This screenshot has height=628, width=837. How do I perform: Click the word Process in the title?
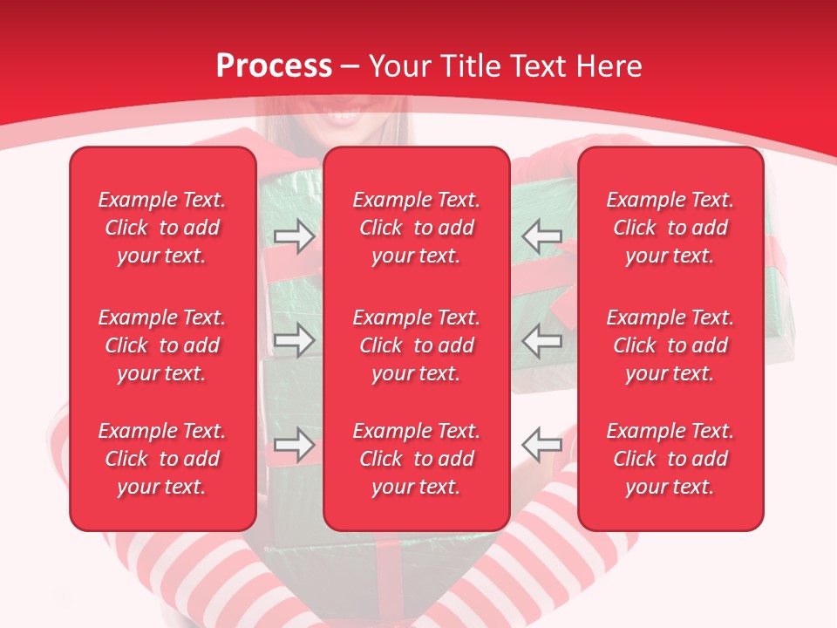(274, 66)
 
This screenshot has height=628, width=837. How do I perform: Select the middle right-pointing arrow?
(294, 340)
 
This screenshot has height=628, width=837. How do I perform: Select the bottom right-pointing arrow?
(294, 444)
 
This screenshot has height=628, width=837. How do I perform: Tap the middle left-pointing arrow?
(542, 340)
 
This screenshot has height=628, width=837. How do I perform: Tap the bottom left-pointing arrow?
(542, 444)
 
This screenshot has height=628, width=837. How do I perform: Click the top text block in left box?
(162, 228)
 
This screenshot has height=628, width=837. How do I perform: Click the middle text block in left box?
(162, 345)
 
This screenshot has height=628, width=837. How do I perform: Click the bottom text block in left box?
(162, 459)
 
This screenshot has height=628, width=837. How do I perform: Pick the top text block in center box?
(416, 228)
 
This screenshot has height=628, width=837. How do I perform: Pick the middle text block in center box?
(416, 345)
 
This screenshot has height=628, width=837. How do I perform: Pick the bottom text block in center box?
(416, 459)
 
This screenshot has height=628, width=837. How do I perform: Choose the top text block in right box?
(670, 228)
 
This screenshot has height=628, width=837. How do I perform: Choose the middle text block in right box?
(670, 345)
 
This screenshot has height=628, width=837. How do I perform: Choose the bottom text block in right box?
(670, 459)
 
